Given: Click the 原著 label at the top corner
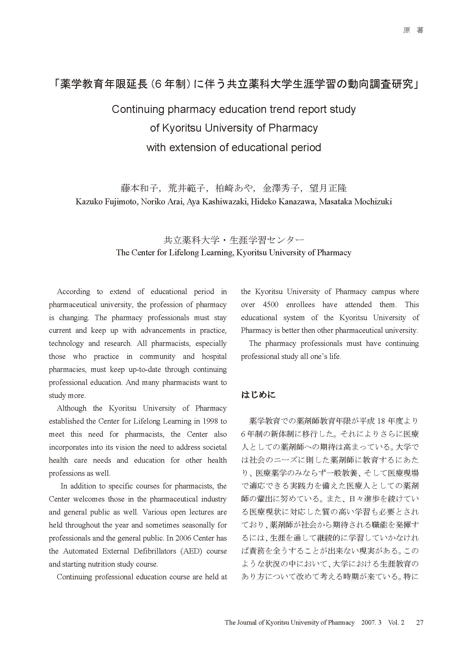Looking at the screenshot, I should [x=413, y=30].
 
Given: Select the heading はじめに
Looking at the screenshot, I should [x=258, y=395].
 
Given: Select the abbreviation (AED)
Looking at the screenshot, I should [x=190, y=551].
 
